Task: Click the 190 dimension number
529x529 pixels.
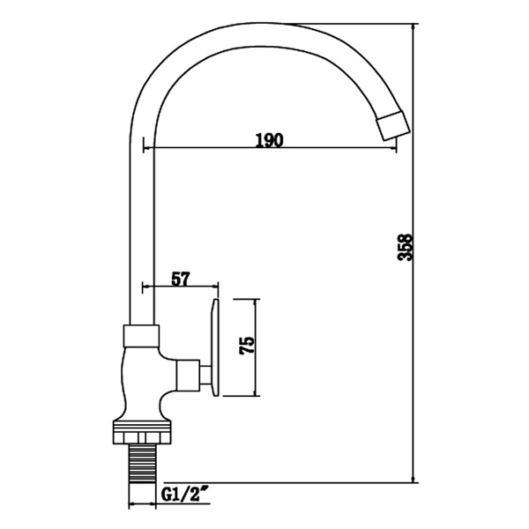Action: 269,139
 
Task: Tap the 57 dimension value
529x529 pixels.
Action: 180,279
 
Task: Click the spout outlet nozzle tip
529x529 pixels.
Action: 392,124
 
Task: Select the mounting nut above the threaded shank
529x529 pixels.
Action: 141,433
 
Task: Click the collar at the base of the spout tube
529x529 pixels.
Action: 141,334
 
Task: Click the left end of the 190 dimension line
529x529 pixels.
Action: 155,148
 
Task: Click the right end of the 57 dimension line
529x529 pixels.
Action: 218,287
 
